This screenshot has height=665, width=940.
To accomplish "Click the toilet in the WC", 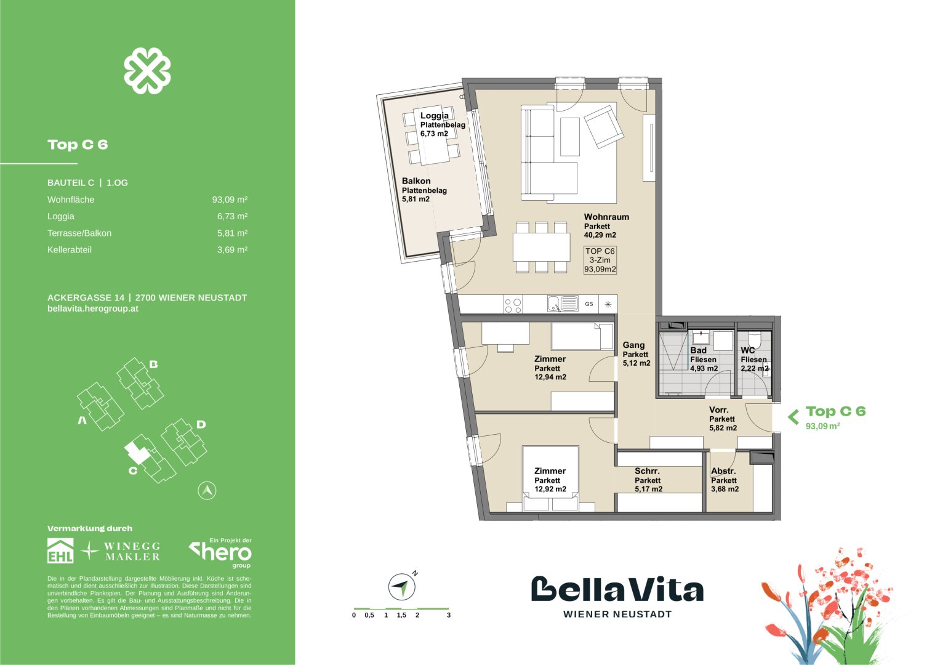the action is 755,339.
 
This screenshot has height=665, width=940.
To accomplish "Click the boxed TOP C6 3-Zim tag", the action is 600,260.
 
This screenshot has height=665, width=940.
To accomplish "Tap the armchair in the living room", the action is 601,126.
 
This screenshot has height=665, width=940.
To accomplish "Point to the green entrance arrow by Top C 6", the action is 793,417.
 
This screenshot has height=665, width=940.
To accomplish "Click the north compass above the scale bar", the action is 402,586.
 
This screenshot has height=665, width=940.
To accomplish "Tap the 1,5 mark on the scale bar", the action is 401,615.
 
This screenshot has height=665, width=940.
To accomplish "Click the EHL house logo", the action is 60,550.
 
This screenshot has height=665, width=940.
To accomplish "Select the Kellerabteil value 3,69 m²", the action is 232,250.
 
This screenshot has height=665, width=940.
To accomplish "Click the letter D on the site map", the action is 201,424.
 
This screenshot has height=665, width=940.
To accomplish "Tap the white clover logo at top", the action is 147,71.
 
